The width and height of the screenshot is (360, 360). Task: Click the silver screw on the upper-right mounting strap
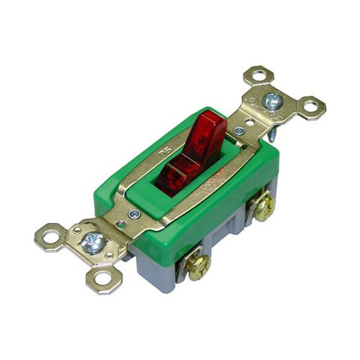272,100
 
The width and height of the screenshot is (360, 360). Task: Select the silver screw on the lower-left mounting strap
94,243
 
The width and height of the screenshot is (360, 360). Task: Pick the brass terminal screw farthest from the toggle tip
196,266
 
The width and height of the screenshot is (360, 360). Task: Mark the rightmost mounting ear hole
311,107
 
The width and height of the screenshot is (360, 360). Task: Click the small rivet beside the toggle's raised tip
239,130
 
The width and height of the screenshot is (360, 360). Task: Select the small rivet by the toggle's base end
134,213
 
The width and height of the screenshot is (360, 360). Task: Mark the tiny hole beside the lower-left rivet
122,224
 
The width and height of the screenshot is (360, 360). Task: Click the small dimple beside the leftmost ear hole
76,229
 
